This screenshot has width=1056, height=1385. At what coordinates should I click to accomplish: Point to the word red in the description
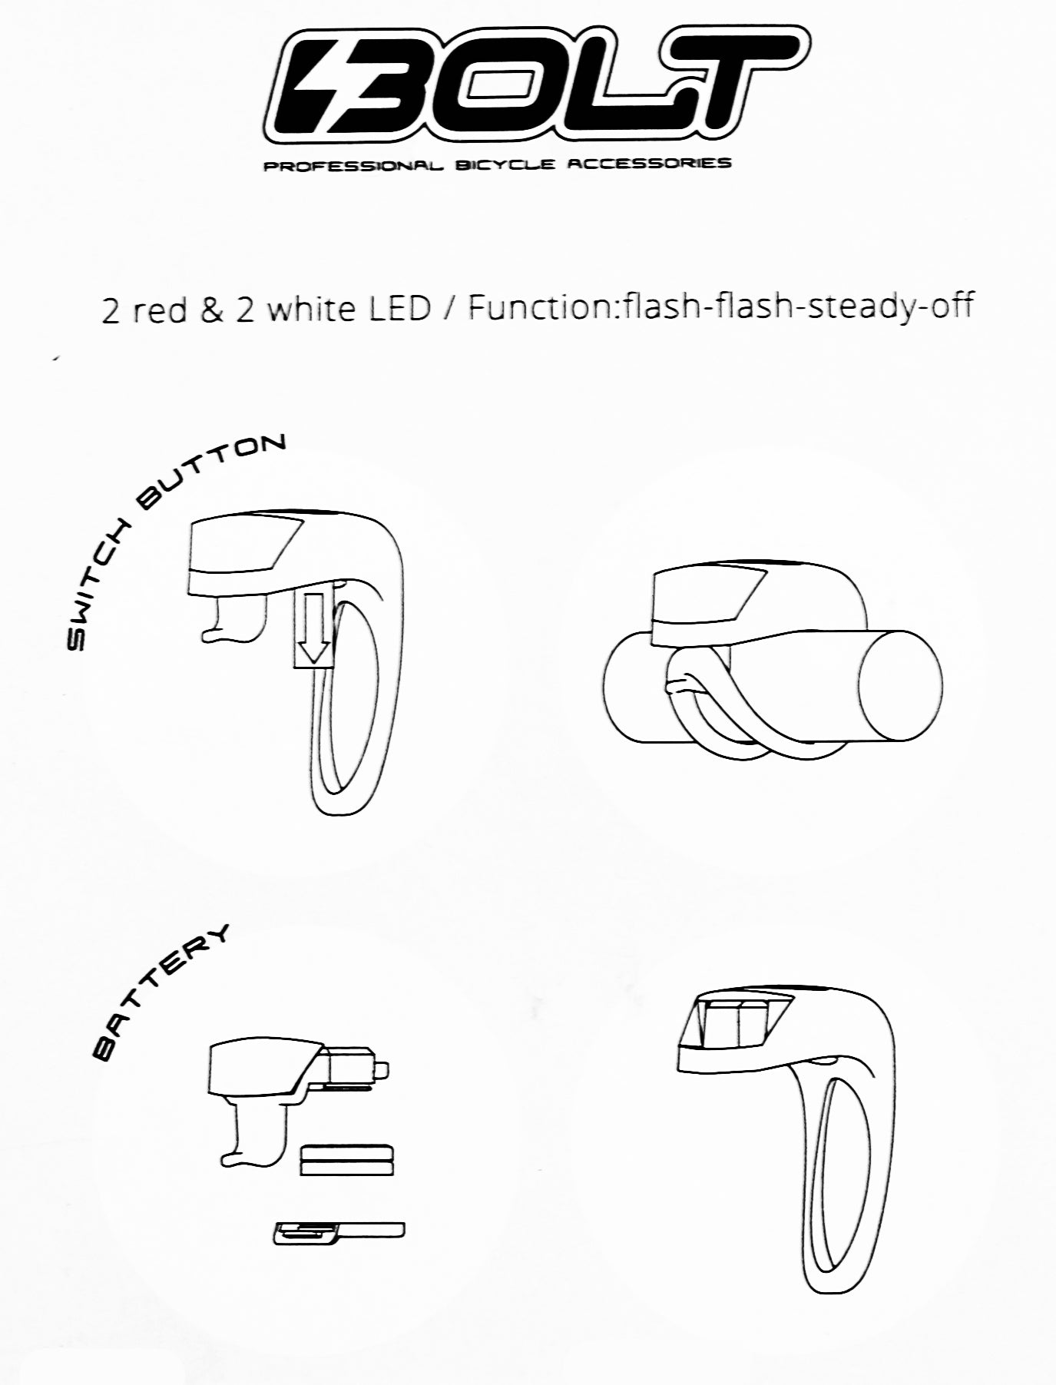154,310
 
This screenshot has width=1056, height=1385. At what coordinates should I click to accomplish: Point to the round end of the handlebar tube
899,685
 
